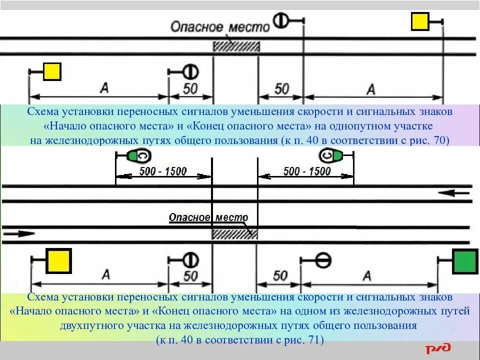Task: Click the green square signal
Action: pyautogui.click(x=465, y=261)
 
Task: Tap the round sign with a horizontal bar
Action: pyautogui.click(x=323, y=259)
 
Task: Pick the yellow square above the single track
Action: pyautogui.click(x=420, y=22)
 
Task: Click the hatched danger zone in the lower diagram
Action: pyautogui.click(x=234, y=234)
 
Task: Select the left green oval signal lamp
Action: pyautogui.click(x=138, y=156)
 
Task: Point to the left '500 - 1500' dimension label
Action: pyautogui.click(x=162, y=171)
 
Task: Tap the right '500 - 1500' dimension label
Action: pyautogui.click(x=307, y=171)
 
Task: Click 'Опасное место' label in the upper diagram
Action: pyautogui.click(x=220, y=26)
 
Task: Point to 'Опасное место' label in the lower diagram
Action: pyautogui.click(x=208, y=217)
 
